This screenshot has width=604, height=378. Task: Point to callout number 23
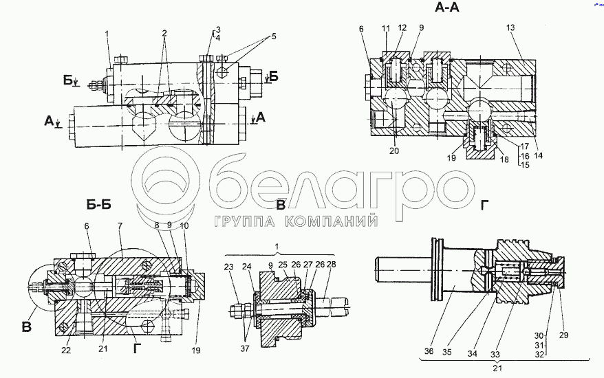[x=229, y=266]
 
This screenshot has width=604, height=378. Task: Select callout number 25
[x=283, y=265]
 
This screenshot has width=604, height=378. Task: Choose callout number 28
[x=332, y=265]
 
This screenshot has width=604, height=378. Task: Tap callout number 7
[x=120, y=226]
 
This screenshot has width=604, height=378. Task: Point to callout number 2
[x=164, y=33]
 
